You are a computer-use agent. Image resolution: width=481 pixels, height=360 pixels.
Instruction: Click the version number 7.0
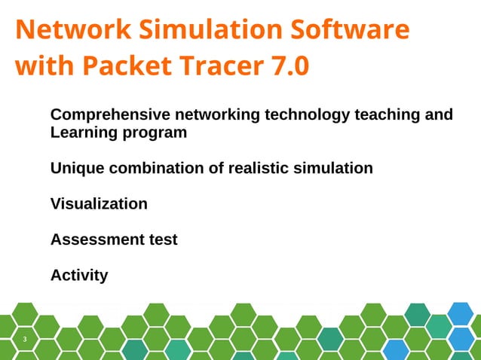point(288,66)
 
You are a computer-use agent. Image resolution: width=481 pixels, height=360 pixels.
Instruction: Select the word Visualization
point(99,203)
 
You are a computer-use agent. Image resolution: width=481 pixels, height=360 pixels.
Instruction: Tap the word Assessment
point(93,239)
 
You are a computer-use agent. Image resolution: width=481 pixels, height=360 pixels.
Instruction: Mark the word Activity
point(79,276)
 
